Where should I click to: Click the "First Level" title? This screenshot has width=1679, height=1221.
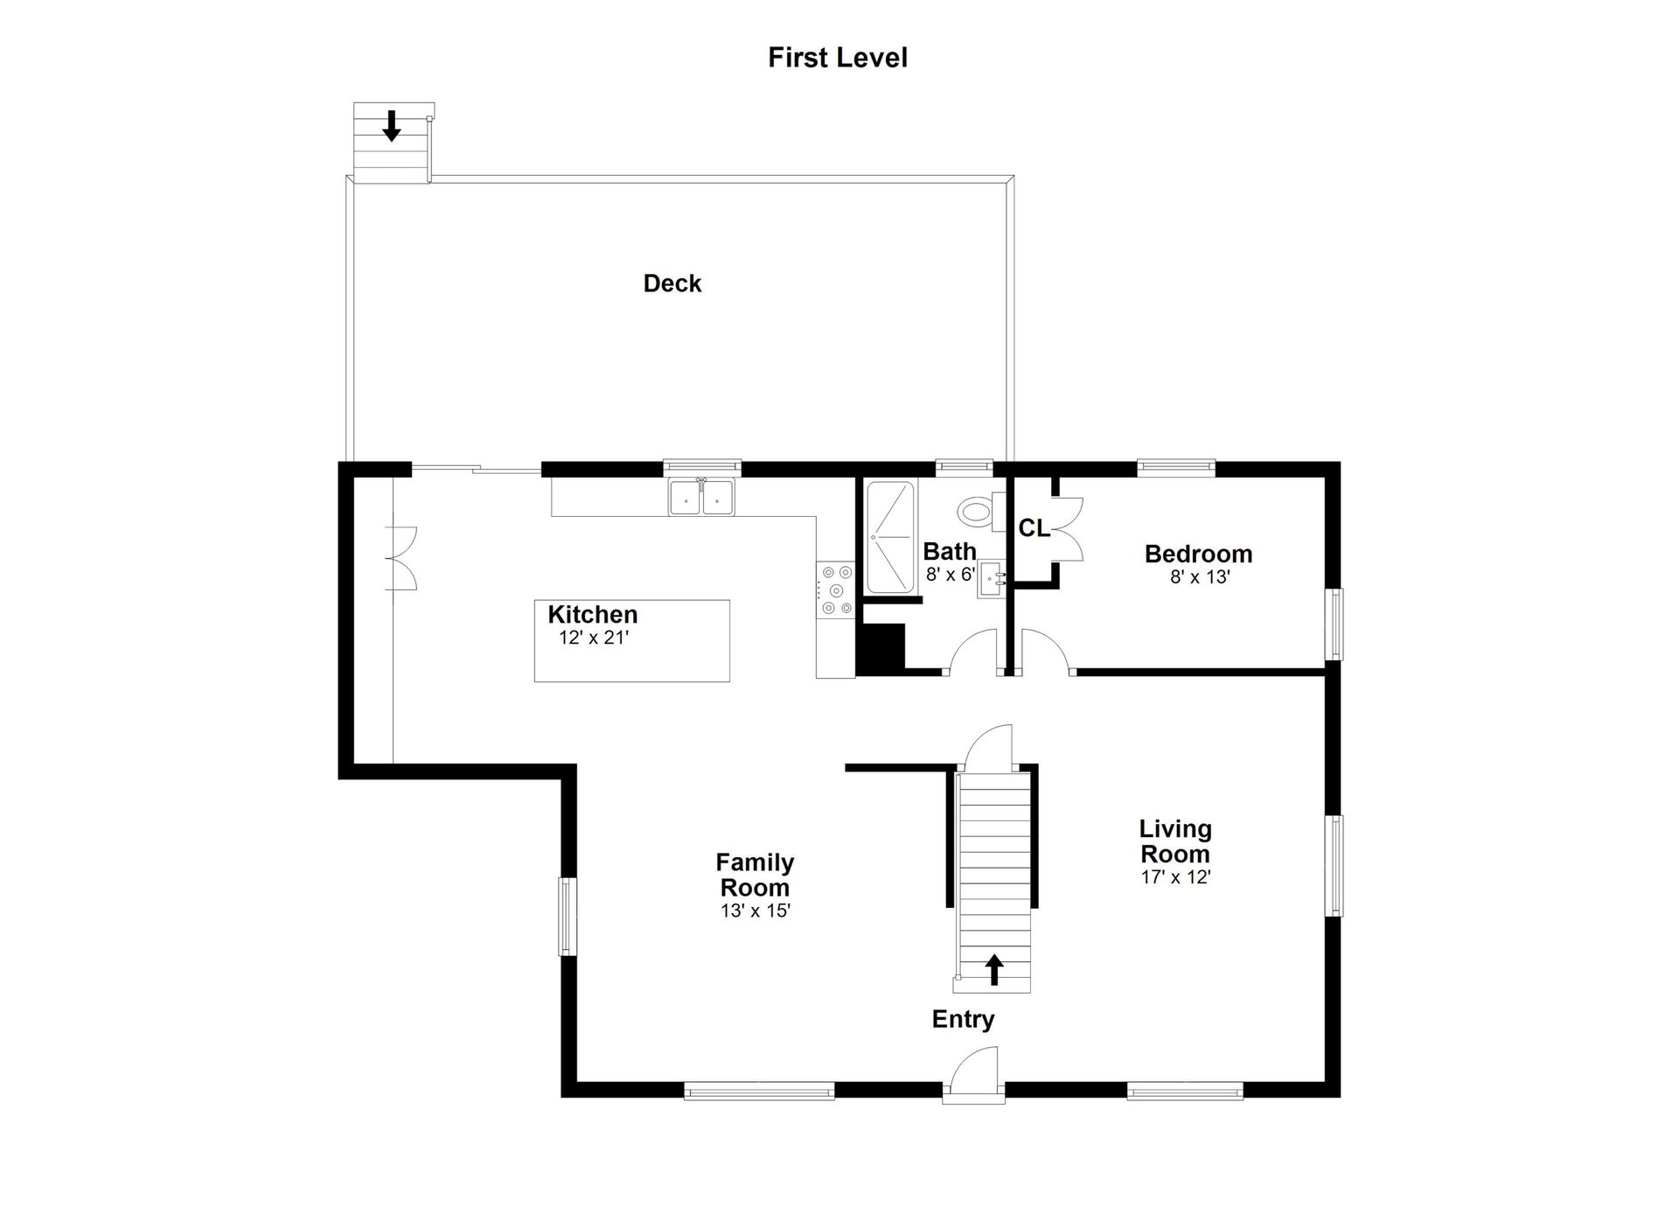pos(838,58)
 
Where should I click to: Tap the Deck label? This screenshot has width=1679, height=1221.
pos(672,283)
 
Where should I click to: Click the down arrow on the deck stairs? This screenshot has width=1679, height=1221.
pos(392,125)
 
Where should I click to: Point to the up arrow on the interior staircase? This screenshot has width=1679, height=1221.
pos(993,969)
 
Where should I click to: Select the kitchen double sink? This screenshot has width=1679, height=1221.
pos(701,497)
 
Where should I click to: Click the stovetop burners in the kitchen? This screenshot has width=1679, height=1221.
pos(835,590)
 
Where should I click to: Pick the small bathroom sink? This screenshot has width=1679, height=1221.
pos(992,579)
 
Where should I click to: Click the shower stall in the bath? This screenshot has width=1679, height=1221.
pos(890,538)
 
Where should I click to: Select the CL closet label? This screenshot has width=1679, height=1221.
pos(1034,528)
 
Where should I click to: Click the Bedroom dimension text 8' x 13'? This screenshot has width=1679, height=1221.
pos(1200,577)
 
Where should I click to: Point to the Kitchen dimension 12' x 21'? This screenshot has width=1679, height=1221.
pos(594,638)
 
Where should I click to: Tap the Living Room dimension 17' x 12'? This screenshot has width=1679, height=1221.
pos(1175,877)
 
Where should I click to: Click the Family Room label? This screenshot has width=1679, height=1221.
pos(755,875)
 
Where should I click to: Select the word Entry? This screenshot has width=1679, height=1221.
pos(963,1019)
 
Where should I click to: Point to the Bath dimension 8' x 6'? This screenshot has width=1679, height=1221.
pos(951,575)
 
